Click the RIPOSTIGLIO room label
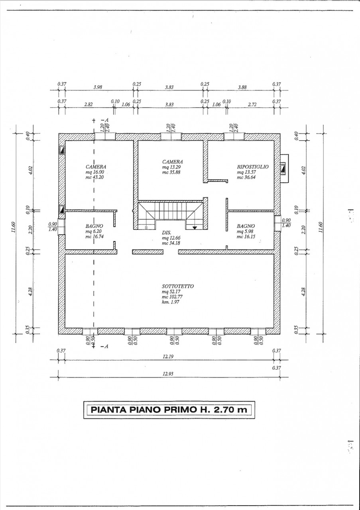tap(253, 167)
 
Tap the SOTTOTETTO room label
tap(178, 286)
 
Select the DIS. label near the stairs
tap(167, 232)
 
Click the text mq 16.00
tap(95, 172)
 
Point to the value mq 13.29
tap(171, 167)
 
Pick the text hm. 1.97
tap(170, 302)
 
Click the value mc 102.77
tap(172, 297)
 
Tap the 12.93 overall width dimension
tap(168, 374)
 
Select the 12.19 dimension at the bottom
tap(168, 356)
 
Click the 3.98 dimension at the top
tap(98, 87)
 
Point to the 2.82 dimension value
tap(89, 104)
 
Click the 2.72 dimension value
tap(252, 104)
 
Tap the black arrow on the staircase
tap(195, 227)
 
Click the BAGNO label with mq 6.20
tap(94, 226)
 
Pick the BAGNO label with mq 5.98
tap(246, 226)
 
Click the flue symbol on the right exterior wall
tap(283, 169)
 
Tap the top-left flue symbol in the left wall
tap(62, 150)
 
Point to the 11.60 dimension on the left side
tap(14, 227)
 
